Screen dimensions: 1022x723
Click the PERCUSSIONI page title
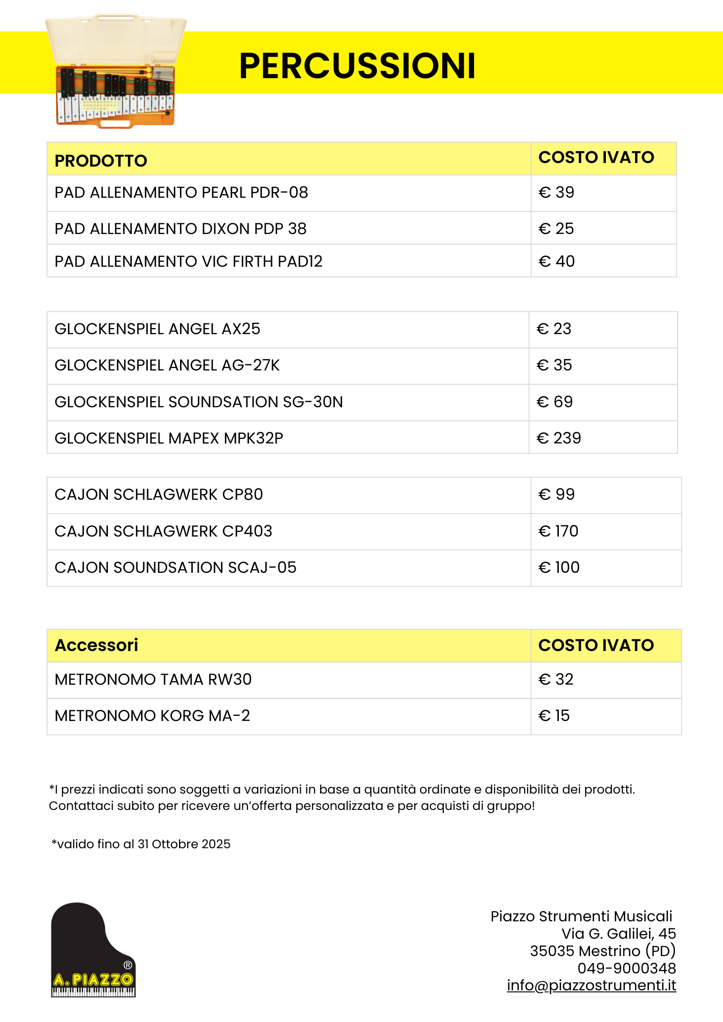[357, 66]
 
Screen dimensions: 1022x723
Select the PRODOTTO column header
[101, 161]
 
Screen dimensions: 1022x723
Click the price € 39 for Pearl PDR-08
[556, 193]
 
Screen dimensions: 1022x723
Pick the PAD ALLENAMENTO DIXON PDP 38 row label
[180, 229]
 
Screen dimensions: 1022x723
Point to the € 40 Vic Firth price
[556, 262]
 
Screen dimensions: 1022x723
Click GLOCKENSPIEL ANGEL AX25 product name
[157, 329]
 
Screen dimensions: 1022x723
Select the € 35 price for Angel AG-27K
[554, 365]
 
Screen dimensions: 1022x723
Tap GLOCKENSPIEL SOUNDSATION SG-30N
[199, 402]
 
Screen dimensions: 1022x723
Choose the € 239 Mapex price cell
[559, 438]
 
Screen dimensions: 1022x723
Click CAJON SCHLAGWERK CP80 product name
[159, 495]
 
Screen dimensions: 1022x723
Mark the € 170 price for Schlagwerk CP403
[558, 531]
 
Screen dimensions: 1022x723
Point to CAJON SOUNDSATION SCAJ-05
[175, 568]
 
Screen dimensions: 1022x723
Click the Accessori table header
[97, 645]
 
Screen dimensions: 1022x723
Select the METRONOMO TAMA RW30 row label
[153, 680]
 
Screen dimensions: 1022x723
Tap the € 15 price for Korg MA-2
[554, 716]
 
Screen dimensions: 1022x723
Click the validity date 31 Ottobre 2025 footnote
[141, 844]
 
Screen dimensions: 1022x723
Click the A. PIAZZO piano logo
[93, 949]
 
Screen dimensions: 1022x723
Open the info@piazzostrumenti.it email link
[591, 985]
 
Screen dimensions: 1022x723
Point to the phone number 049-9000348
[626, 968]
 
